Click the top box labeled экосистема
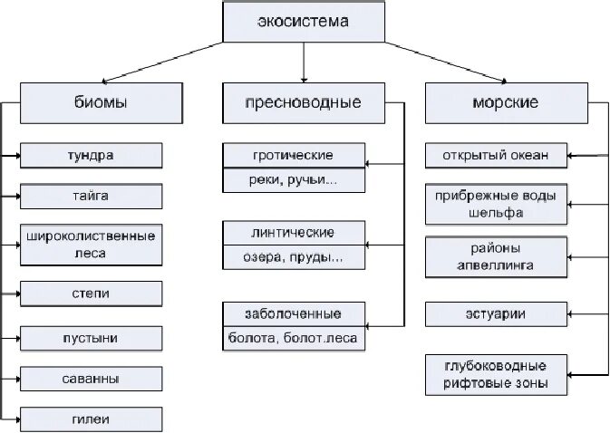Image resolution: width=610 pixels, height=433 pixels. tap(303, 22)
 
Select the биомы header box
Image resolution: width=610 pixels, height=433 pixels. tap(91, 102)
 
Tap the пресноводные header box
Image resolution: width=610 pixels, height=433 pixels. tap(304, 102)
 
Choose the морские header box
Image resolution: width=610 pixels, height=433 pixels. tap(505, 102)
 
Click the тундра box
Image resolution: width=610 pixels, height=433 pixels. tap(91, 155)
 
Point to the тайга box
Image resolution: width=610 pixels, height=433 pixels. tap(91, 197)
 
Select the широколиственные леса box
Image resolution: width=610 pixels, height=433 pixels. tap(91, 245)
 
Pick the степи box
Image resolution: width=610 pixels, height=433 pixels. tap(91, 293)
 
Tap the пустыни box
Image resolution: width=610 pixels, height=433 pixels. tap(91, 338)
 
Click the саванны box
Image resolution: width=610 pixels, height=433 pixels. tap(91, 379)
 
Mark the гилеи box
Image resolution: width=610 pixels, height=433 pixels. tap(91, 419)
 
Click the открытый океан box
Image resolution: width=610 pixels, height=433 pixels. tap(496, 155)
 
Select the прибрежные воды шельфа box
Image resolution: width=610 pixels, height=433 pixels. tap(496, 205)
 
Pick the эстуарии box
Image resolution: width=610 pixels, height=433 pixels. tap(496, 313)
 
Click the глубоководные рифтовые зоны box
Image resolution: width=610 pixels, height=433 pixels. tap(496, 375)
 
